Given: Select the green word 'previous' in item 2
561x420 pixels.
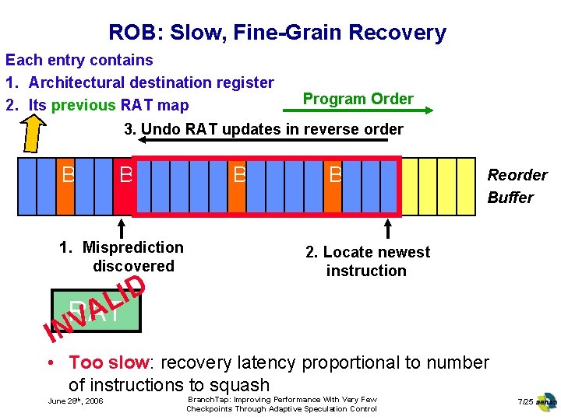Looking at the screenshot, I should coord(84,105).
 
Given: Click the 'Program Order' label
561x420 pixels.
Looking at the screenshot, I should coord(358,99).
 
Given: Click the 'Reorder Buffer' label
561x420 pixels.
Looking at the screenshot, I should coord(517,186).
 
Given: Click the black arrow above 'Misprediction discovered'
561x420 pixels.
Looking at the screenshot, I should coord(122,227).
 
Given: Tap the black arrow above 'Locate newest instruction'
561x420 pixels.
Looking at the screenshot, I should coord(388,227).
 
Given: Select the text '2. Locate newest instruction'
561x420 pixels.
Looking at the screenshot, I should coord(367,261).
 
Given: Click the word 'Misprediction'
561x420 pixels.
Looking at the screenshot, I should coord(132,247).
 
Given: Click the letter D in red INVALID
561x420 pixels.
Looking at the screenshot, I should coord(133,285).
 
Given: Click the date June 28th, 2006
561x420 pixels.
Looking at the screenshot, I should coord(76,401).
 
